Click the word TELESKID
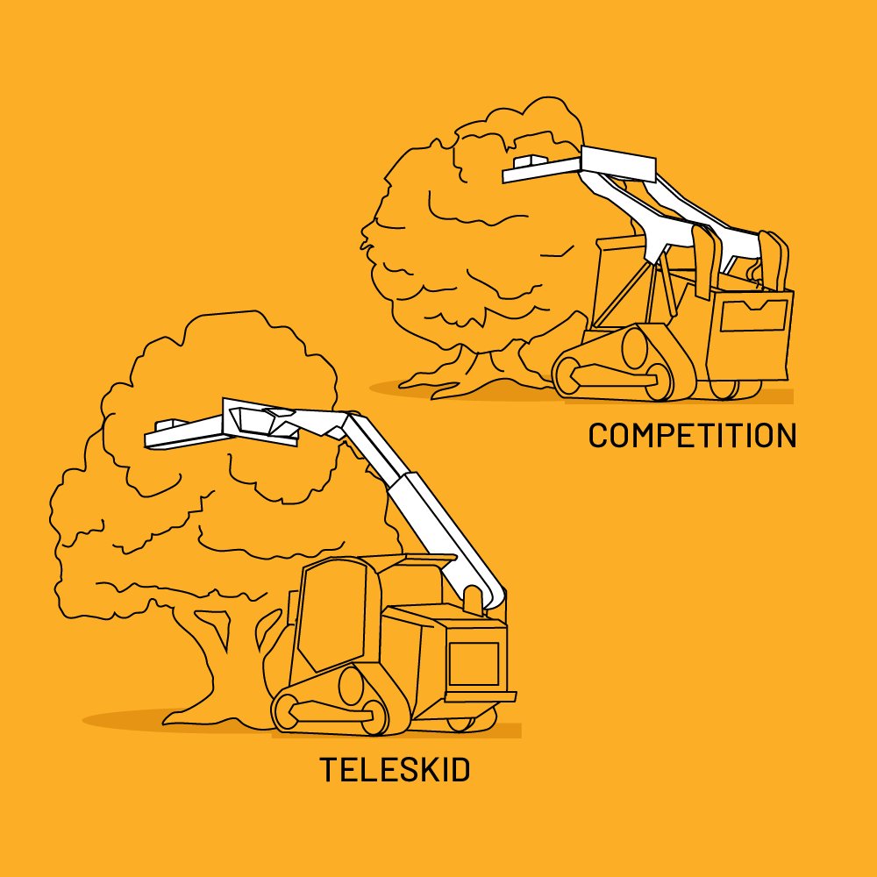coord(395,770)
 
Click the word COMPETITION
coord(692,435)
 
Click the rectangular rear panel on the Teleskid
coord(474,664)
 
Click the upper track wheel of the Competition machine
coord(634,347)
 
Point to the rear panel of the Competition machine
coord(753,315)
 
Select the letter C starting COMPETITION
coord(598,435)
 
